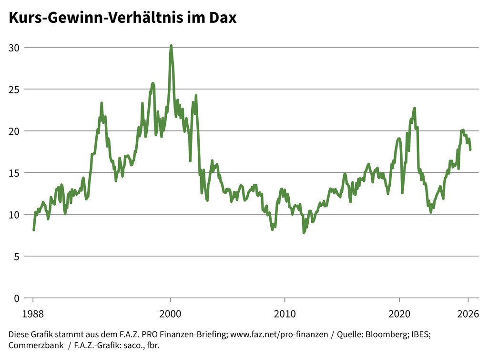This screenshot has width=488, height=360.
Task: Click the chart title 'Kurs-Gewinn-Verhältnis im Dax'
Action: [122, 18]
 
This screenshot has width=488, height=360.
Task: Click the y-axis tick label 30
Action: [14, 47]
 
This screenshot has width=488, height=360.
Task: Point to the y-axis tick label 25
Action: [14, 89]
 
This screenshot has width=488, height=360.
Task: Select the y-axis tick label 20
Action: [14, 131]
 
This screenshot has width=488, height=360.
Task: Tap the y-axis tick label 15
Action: [14, 172]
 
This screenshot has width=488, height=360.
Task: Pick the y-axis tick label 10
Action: [14, 214]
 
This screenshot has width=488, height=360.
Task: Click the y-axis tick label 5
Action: [17, 256]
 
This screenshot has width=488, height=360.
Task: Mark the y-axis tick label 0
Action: [17, 298]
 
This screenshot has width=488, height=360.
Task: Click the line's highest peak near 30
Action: [171, 46]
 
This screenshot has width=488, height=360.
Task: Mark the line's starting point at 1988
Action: [33, 230]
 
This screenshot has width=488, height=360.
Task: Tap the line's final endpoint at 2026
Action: [470, 150]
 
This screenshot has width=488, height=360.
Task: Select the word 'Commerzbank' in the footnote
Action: [36, 345]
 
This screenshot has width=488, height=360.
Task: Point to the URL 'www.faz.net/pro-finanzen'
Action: [279, 334]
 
